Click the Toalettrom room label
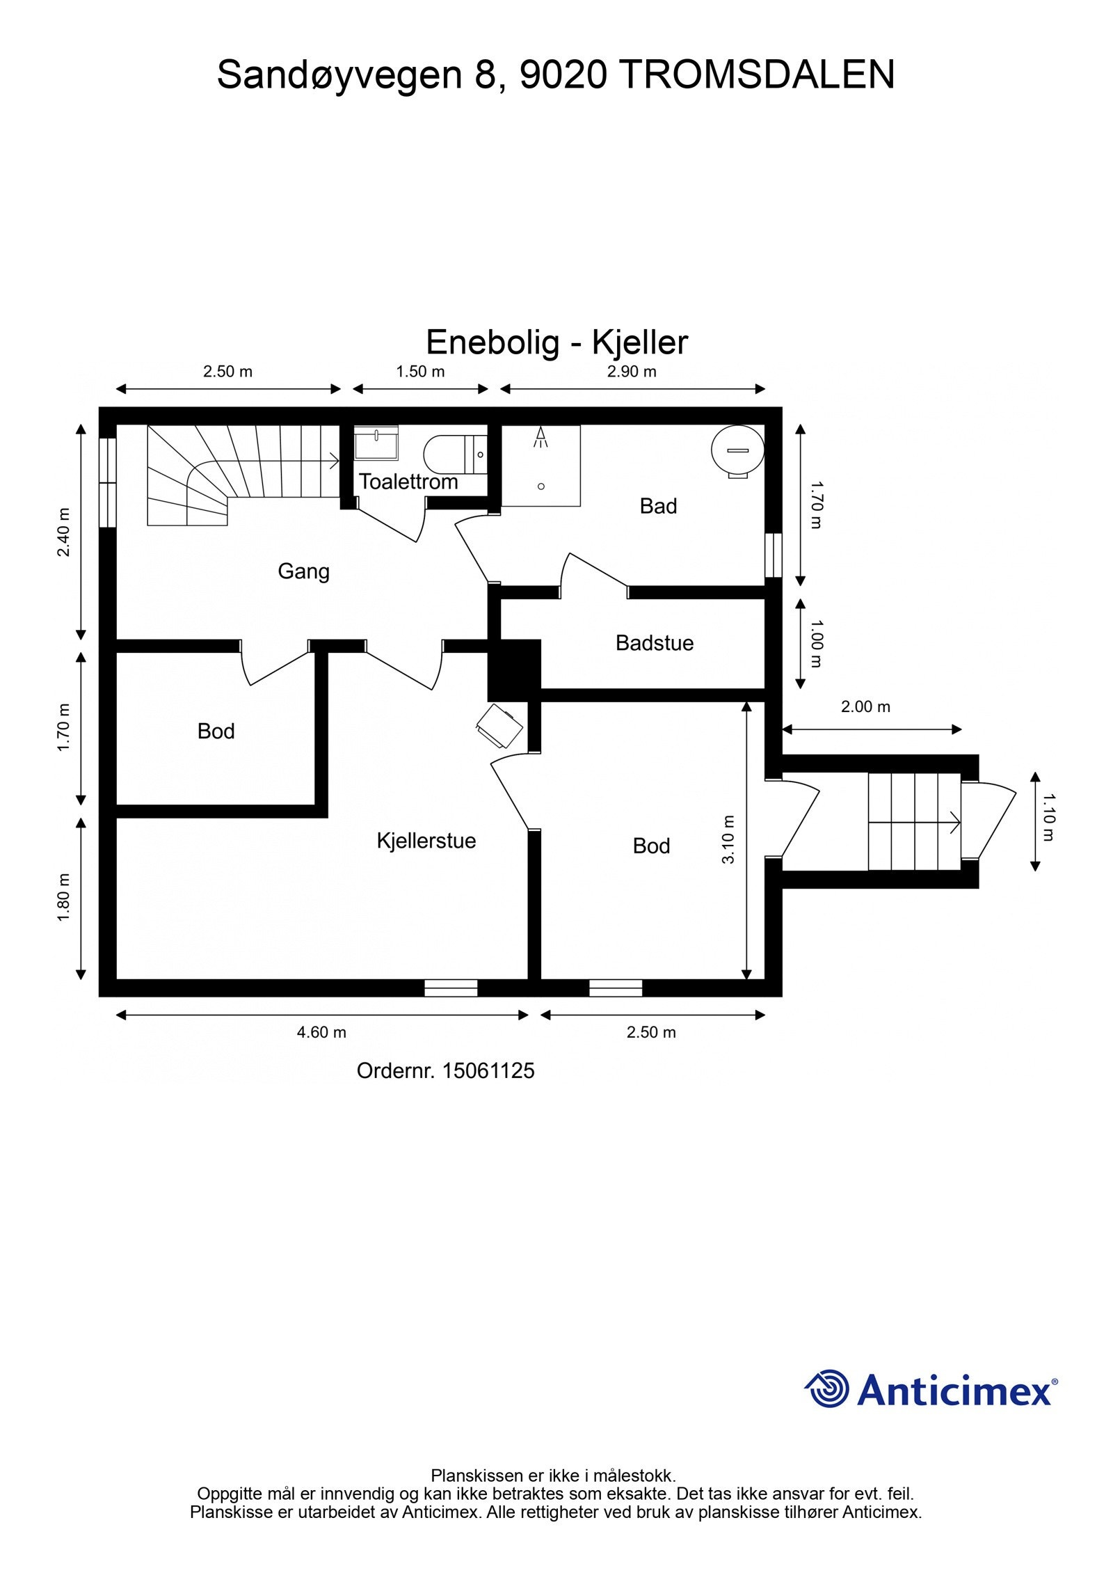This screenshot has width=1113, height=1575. point(408,482)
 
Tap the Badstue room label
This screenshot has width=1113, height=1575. point(655,642)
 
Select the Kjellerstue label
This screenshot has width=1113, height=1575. point(426,841)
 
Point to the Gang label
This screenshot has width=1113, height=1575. point(303,571)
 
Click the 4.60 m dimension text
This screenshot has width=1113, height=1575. point(321,1032)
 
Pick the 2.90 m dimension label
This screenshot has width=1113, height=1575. point(632,371)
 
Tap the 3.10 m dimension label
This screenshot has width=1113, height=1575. point(728,839)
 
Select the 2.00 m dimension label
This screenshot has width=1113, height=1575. point(865,706)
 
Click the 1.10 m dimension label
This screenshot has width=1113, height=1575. point(1049,817)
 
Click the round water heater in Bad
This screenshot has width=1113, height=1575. point(738,451)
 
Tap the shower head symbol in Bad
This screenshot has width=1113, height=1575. point(541,437)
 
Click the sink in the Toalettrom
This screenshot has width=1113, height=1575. point(376,443)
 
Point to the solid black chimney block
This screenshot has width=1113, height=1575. point(514,670)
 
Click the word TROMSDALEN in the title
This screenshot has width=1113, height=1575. point(756,75)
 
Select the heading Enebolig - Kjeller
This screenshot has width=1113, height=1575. point(557,342)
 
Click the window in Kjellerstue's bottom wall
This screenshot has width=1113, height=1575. point(451,988)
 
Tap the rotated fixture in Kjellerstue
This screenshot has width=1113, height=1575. point(499,727)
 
